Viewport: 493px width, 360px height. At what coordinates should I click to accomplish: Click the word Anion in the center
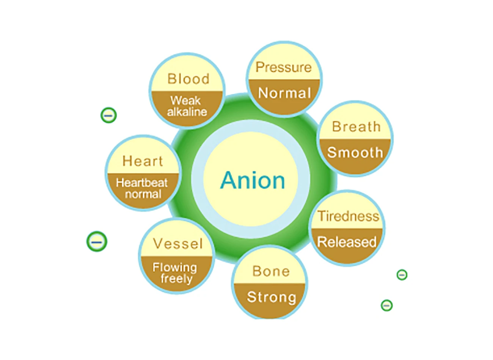tap(253, 180)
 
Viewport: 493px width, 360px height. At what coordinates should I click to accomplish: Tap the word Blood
tap(188, 79)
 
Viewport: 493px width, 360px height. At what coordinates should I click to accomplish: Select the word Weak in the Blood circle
tap(185, 101)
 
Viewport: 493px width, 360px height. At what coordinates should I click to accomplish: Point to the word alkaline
tap(187, 112)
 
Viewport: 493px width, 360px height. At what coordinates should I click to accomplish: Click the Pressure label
tap(283, 67)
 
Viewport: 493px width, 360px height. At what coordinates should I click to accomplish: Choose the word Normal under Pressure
tap(284, 93)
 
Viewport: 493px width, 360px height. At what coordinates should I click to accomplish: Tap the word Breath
tap(356, 127)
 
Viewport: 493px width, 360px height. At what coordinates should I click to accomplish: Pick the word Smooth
tap(355, 152)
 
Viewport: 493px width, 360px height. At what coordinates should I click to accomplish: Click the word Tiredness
tap(348, 216)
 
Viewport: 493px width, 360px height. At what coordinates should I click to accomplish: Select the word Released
tap(347, 242)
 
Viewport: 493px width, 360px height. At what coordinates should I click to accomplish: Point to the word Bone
tap(271, 271)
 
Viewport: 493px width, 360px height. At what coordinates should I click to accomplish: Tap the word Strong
tap(272, 297)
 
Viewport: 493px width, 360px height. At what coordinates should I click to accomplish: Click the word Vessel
tap(178, 244)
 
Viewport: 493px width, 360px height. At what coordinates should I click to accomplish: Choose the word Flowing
tap(175, 268)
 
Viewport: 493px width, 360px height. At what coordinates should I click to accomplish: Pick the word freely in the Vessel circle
tap(176, 279)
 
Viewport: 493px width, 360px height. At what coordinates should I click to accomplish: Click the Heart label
tap(143, 161)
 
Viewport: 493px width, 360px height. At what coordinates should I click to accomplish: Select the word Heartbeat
tap(142, 183)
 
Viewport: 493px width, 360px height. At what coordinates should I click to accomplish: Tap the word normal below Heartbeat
tap(143, 194)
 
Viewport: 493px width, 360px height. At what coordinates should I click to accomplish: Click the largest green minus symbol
tap(97, 241)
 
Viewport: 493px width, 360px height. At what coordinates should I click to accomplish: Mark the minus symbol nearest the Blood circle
tap(108, 115)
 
